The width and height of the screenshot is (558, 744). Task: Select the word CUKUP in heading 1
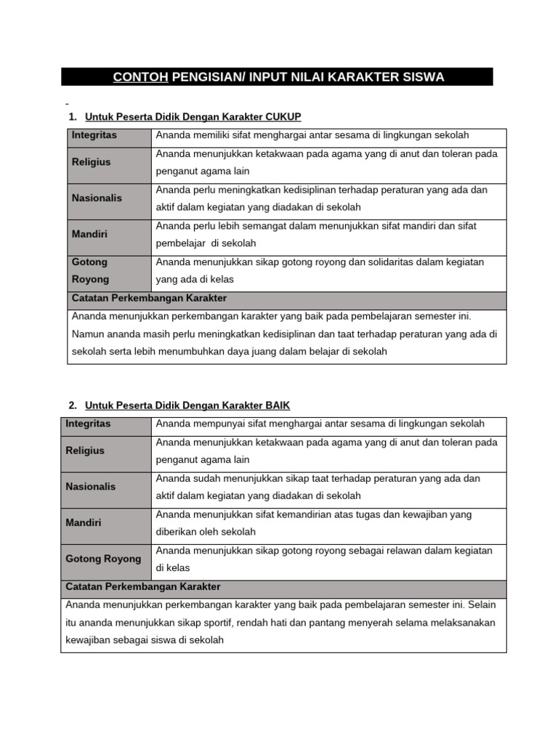coord(283,117)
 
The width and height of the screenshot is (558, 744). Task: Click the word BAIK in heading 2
coord(278,405)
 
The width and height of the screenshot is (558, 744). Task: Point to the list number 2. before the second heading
coord(73,405)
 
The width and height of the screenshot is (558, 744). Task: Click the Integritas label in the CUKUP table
coord(94,135)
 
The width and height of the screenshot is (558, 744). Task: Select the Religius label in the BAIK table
coord(85,450)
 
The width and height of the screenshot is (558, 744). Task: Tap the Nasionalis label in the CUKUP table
coord(97,198)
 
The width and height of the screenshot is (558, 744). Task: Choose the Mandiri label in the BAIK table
coord(83,522)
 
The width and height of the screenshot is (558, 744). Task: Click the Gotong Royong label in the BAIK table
coord(103,559)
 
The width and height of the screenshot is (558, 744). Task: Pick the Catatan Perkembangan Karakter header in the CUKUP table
coord(149,298)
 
